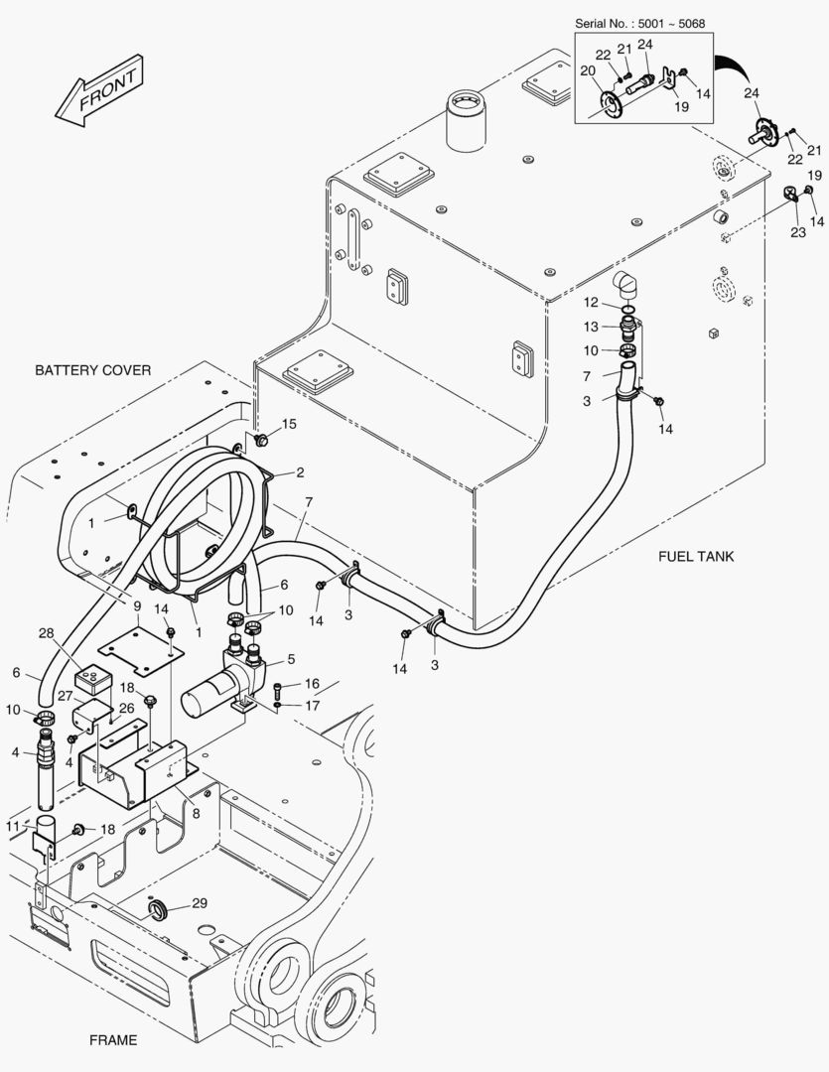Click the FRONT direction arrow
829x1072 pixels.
[x=100, y=90]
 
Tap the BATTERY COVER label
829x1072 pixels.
[x=93, y=370]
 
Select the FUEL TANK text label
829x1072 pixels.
[x=696, y=557]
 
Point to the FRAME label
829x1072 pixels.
[x=113, y=1040]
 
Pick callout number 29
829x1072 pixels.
[x=200, y=902]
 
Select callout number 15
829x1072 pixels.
[x=289, y=425]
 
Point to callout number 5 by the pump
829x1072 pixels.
[x=291, y=659]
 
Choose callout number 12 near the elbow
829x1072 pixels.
[x=589, y=302]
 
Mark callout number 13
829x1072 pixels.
[x=589, y=327]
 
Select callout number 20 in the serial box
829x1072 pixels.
[x=587, y=70]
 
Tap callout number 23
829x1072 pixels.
[x=797, y=233]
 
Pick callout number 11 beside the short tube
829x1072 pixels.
[x=13, y=825]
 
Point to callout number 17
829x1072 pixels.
[x=312, y=706]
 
